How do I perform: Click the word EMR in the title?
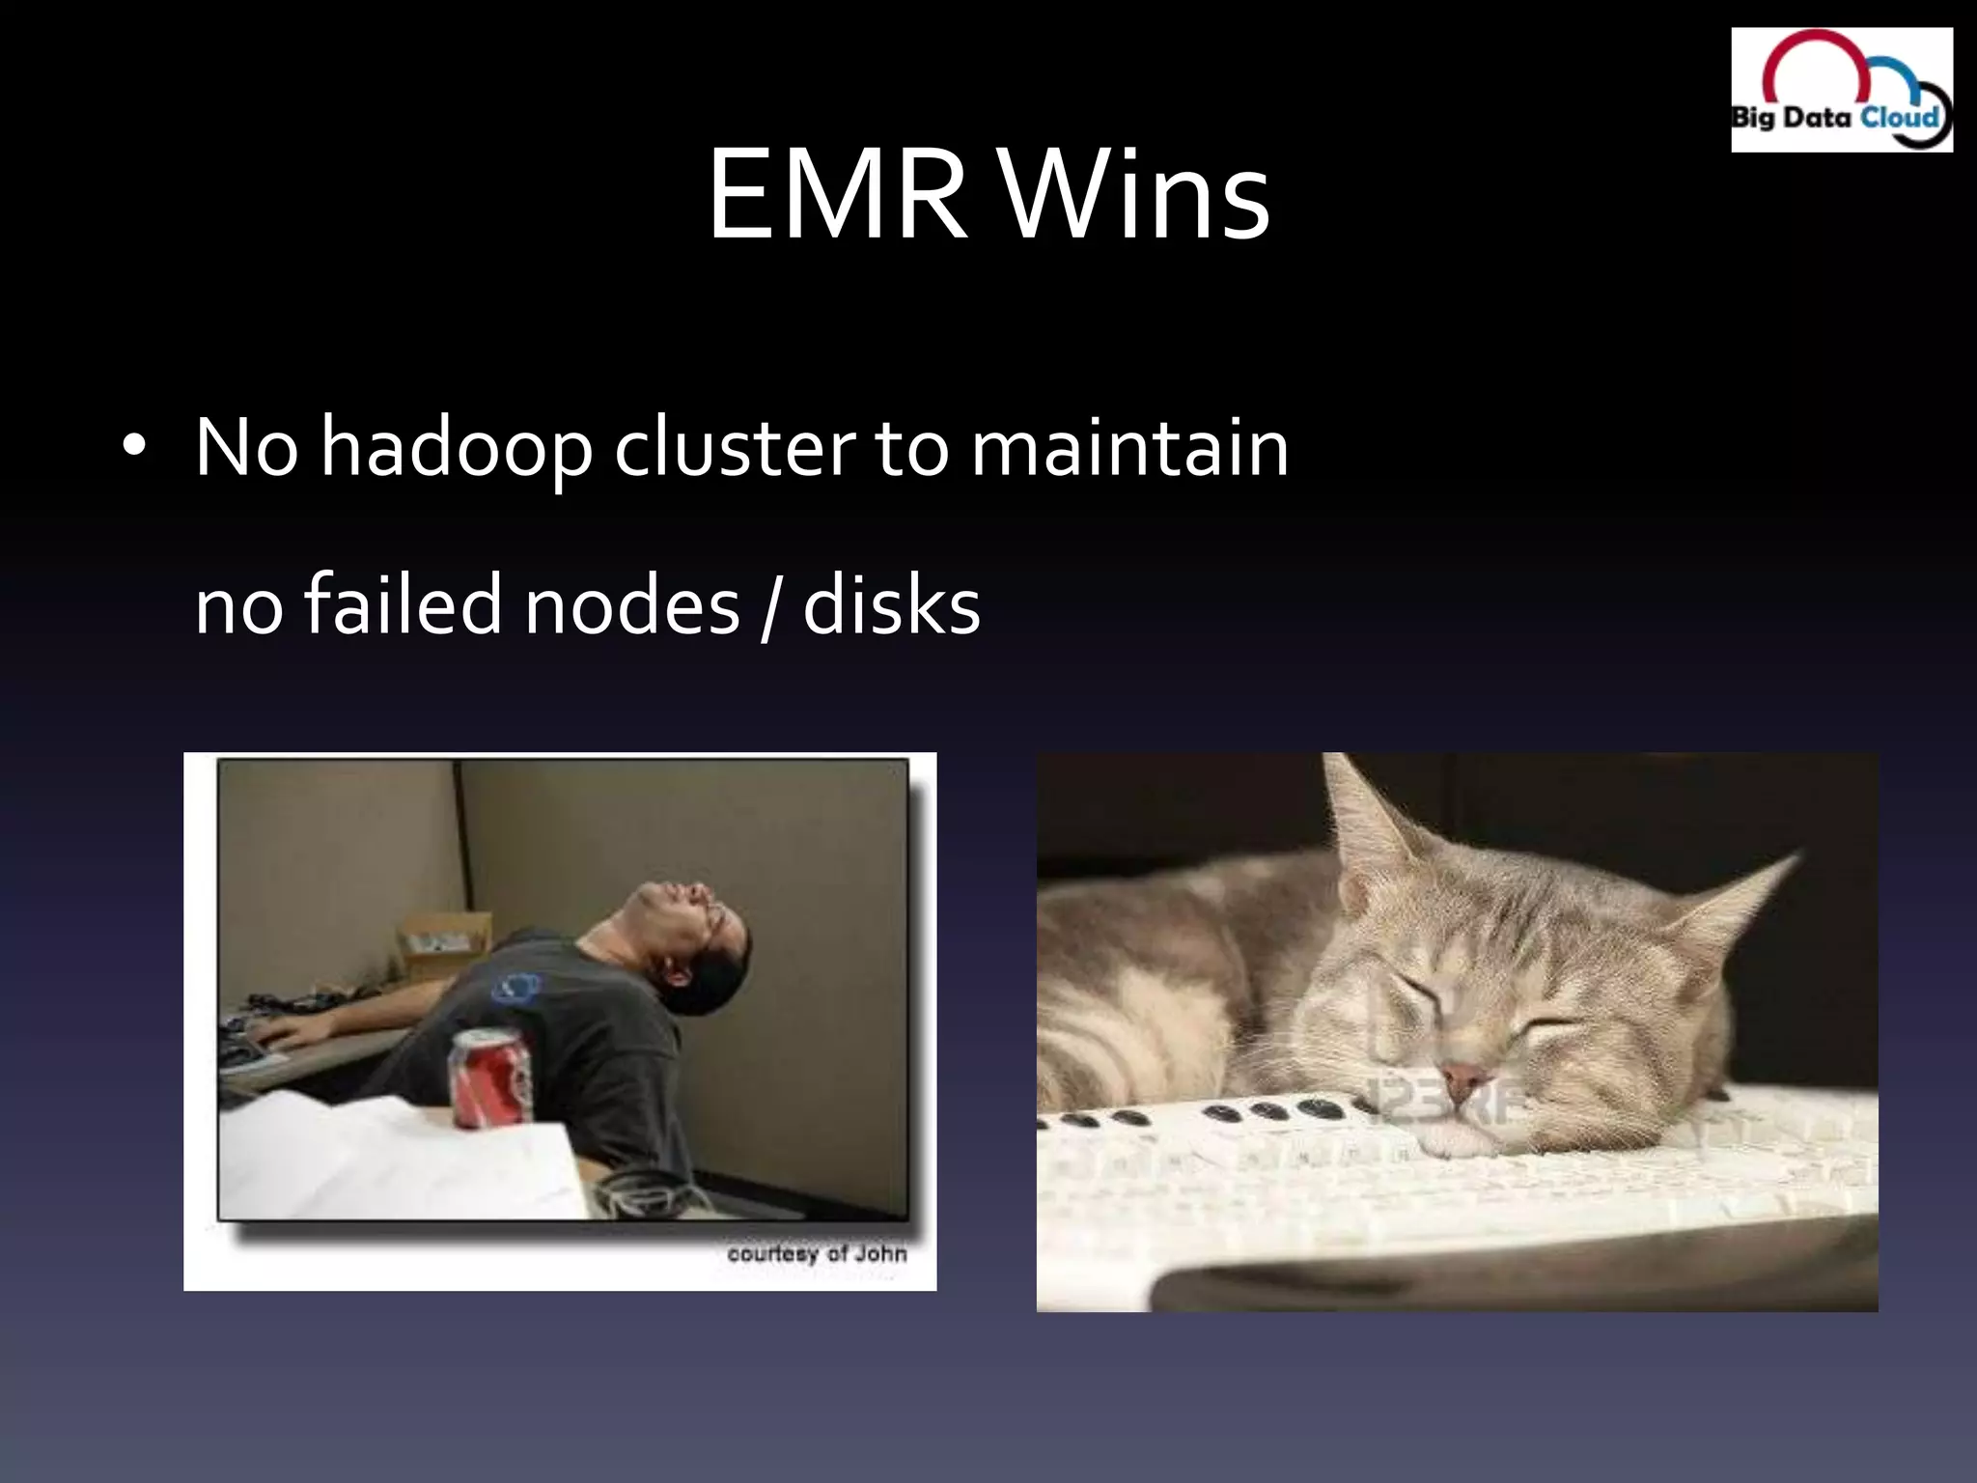pos(836,196)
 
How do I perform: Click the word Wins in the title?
pos(1133,196)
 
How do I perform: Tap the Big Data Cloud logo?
pos(1841,89)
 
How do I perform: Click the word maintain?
pos(1128,447)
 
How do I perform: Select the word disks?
pos(891,605)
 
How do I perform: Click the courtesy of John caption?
pos(817,1253)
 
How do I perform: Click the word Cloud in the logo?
pos(1899,118)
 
